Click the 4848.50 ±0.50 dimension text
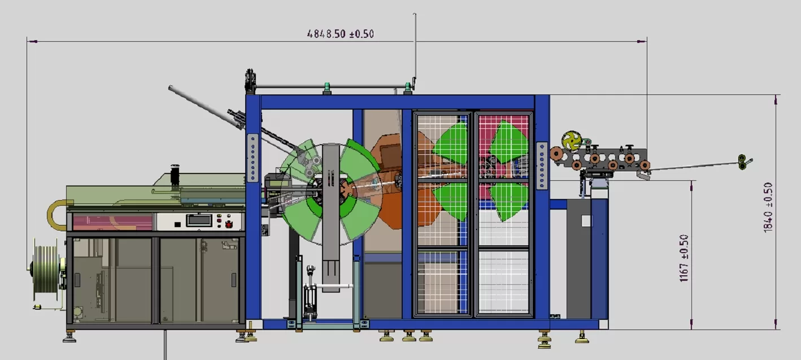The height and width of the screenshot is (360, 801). coord(340,34)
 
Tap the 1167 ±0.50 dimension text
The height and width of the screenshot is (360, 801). coord(684,258)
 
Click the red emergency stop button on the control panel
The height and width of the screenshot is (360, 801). coord(229,224)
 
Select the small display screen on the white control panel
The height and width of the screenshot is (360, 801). coord(198,220)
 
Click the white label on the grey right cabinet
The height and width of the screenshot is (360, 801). coord(586,220)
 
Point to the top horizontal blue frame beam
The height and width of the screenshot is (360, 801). coord(395,102)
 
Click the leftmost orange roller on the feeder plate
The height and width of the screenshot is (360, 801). coord(558,154)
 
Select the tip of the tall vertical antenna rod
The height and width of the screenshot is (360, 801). coord(415,15)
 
